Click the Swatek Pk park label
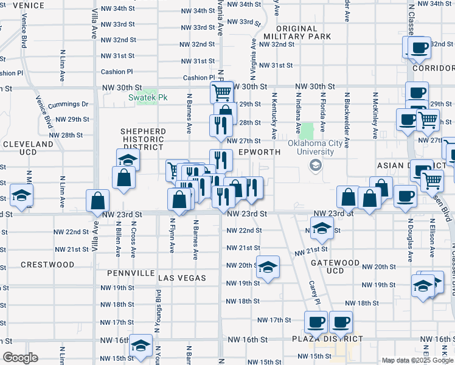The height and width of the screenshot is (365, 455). tap(147, 97)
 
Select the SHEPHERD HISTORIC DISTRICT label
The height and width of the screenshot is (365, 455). tap(143, 139)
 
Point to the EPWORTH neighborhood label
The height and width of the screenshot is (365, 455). tap(259, 152)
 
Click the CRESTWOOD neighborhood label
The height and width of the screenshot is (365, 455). tap(47, 265)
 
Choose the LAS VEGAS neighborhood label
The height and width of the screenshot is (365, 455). tap(182, 278)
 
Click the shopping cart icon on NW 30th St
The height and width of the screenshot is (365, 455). tap(222, 92)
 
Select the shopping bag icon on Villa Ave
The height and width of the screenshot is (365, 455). tap(98, 201)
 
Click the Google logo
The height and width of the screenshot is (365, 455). tap(20, 358)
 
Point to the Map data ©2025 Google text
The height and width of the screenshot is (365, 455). tap(417, 360)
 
